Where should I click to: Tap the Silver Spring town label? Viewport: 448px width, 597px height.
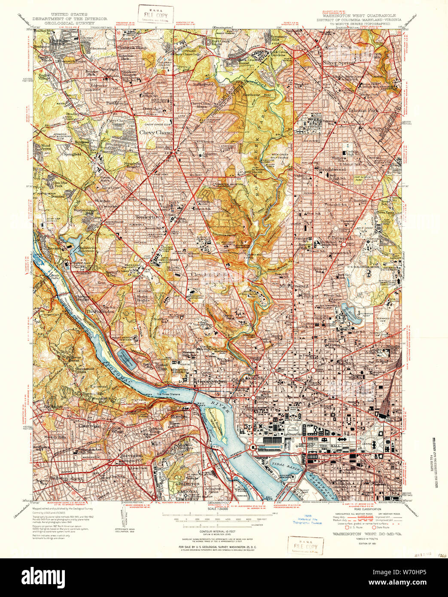click(338, 62)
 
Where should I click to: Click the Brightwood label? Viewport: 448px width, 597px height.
click(332, 170)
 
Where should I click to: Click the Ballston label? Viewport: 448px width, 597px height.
click(59, 478)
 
